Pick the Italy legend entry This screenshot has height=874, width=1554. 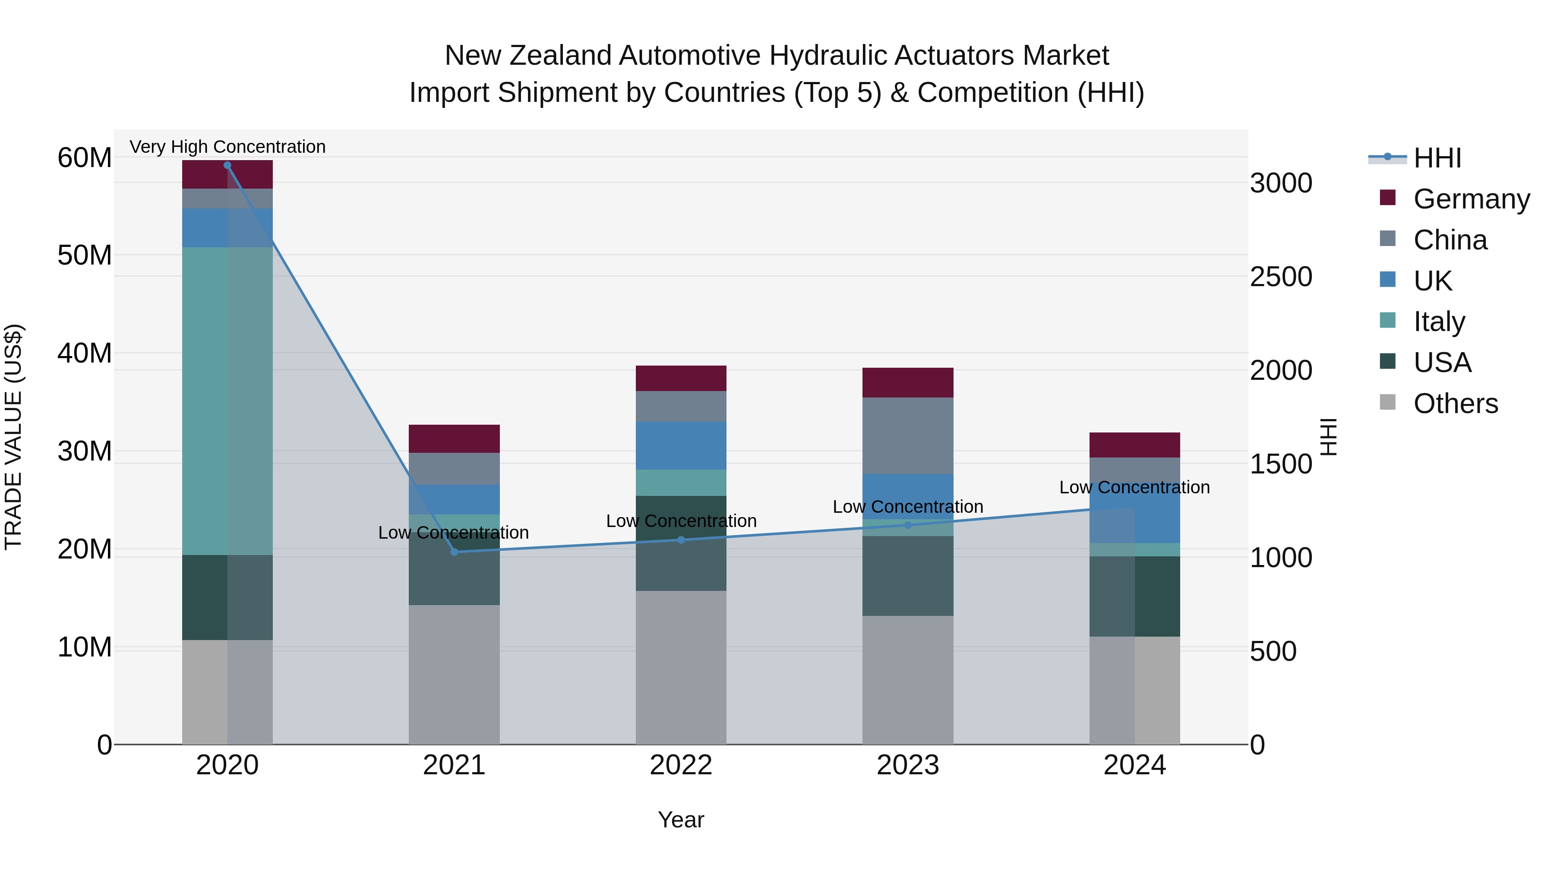click(x=1439, y=322)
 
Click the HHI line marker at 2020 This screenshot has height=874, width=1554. click(x=227, y=165)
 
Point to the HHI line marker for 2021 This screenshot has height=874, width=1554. click(x=454, y=552)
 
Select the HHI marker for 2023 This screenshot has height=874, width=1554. click(x=908, y=525)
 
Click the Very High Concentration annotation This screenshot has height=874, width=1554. click(x=227, y=147)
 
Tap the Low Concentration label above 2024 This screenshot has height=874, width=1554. click(x=1134, y=487)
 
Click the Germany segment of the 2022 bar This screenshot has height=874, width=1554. click(x=681, y=378)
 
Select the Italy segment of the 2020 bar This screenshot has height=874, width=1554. click(x=227, y=401)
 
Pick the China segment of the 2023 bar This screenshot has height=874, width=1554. click(x=908, y=435)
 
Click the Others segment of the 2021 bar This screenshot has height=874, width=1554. click(x=454, y=674)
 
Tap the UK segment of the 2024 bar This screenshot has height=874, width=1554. click(x=1134, y=519)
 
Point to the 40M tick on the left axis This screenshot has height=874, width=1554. click(x=85, y=353)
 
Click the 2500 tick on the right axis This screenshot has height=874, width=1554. click(x=1281, y=277)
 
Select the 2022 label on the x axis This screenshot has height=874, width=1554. click(x=681, y=765)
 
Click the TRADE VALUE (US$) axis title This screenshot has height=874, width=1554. click(x=14, y=437)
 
